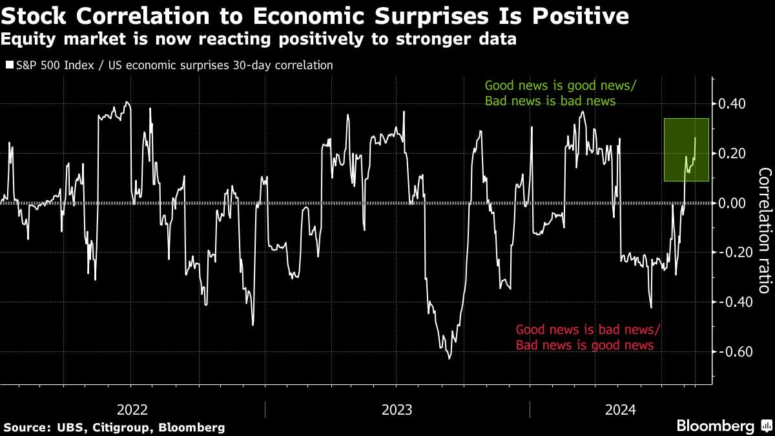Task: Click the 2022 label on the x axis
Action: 132,410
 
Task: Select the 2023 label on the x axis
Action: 397,410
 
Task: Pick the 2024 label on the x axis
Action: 621,410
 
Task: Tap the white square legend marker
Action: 8,65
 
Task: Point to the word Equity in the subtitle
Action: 25,40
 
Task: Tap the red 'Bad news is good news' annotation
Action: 584,346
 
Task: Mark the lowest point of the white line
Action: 449,358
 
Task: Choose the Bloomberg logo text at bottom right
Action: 715,426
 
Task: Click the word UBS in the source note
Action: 61,428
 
